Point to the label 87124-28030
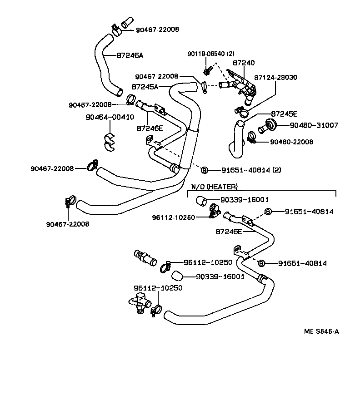[x=275, y=78]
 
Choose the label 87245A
[x=145, y=86]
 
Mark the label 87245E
[x=284, y=114]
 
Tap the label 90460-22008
[x=291, y=142]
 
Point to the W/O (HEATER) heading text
[x=214, y=186]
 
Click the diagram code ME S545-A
[x=321, y=331]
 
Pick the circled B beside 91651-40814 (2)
[x=204, y=170]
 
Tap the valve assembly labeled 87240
[x=239, y=84]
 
